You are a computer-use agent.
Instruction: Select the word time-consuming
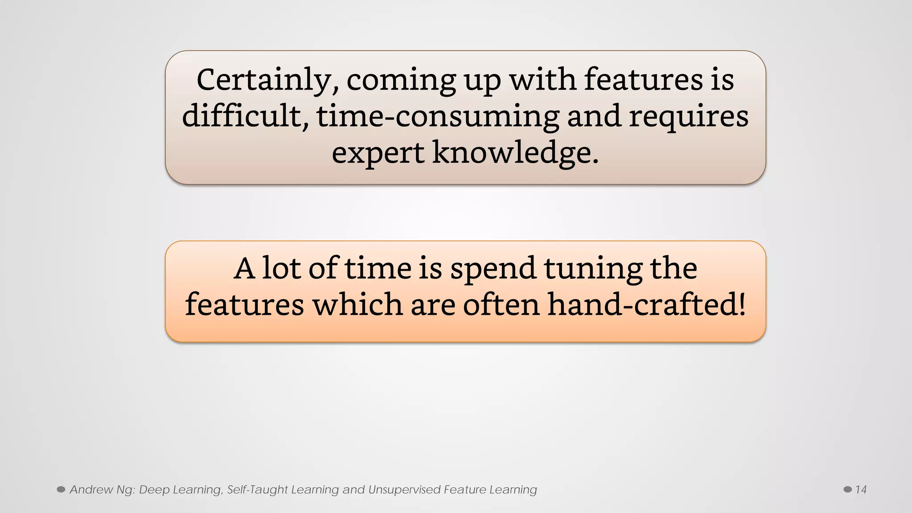coord(437,117)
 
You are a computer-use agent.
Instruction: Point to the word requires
coord(688,117)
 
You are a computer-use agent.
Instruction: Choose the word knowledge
coord(515,153)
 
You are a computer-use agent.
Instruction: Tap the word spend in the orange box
coord(493,269)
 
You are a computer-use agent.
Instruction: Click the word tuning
coord(593,269)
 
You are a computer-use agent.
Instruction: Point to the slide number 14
coord(861,490)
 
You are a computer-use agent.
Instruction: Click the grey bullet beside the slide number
coord(847,489)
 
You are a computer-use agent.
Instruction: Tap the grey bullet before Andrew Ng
coord(61,489)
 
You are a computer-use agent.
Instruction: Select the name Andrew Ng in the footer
coord(102,490)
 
